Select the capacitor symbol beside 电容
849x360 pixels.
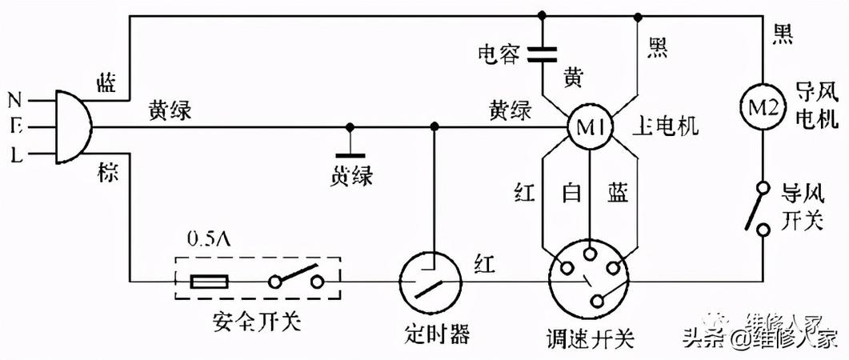click(x=543, y=54)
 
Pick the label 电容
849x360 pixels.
click(x=499, y=54)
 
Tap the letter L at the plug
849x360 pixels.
click(x=15, y=154)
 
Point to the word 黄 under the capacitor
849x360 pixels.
click(x=573, y=78)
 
